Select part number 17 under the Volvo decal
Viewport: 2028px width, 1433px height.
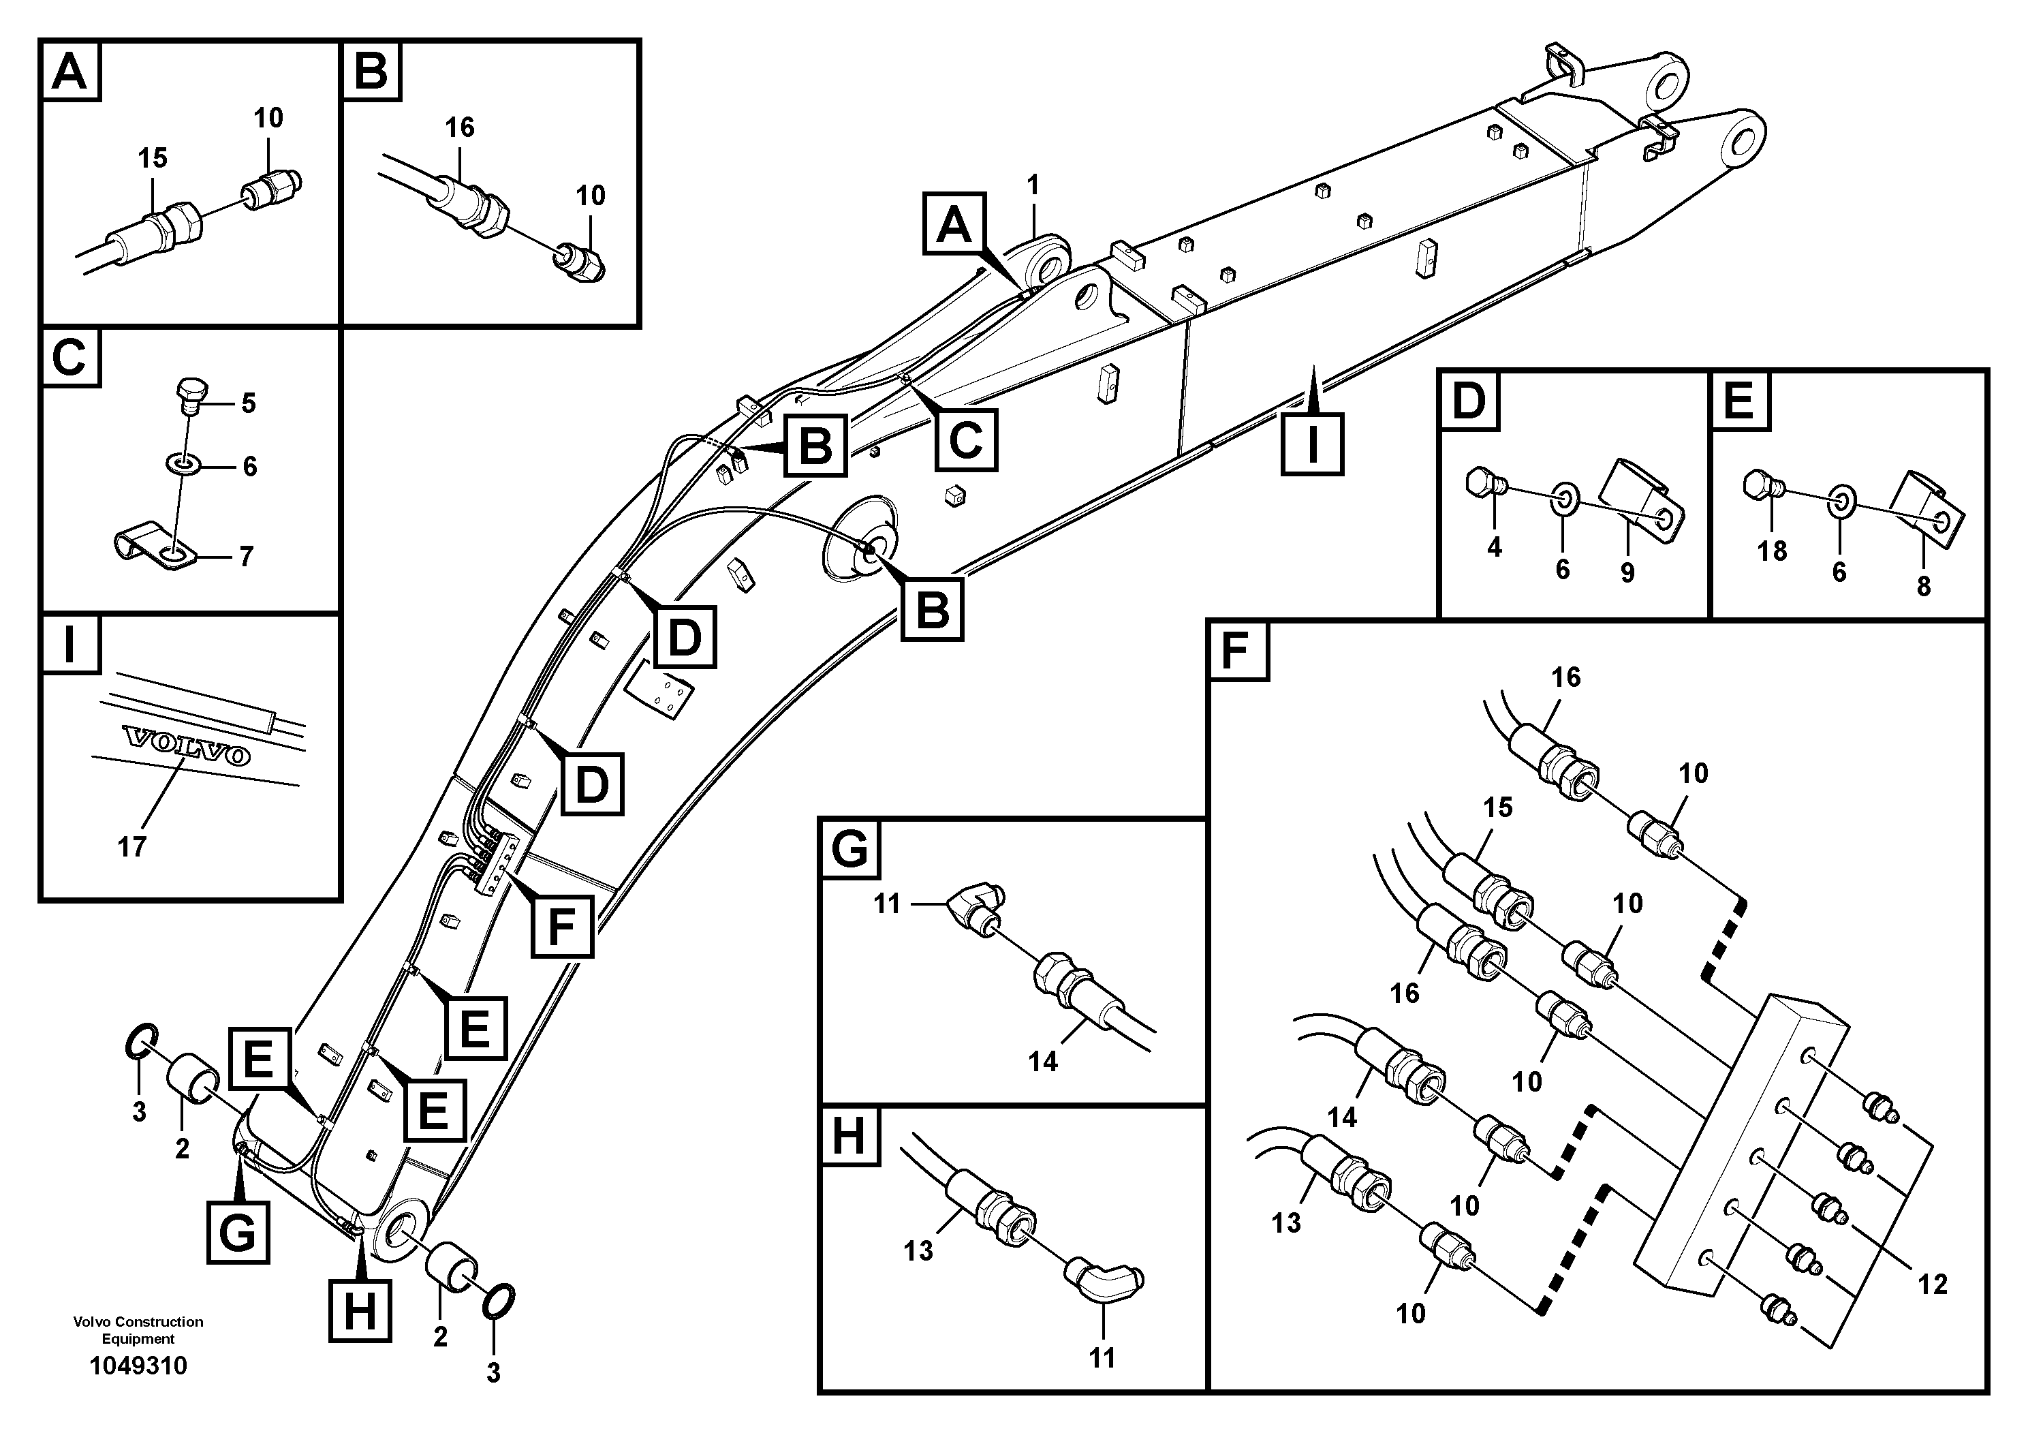(x=131, y=847)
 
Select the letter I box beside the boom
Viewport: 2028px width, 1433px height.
(x=1313, y=444)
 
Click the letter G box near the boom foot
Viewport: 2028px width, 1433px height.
(x=238, y=1231)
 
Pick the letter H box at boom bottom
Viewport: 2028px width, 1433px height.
(x=360, y=1311)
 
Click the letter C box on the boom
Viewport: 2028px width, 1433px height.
(x=965, y=439)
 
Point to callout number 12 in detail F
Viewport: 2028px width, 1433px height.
(x=1933, y=1284)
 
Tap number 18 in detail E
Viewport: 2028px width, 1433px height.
(x=1771, y=551)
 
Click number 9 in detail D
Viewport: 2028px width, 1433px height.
(x=1627, y=572)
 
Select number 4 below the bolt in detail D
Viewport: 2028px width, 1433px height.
(x=1494, y=548)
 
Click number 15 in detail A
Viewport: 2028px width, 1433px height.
(x=152, y=158)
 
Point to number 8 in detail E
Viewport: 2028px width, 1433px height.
(x=1923, y=586)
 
